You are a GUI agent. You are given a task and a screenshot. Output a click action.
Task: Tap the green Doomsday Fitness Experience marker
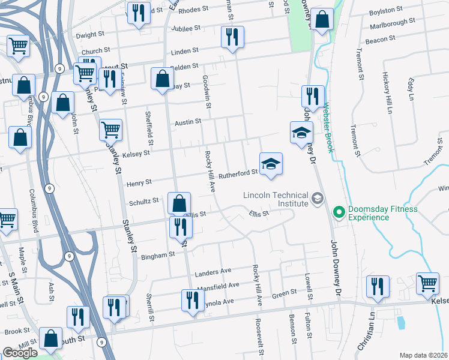point(339,212)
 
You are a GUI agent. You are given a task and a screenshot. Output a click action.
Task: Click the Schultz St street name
point(143,201)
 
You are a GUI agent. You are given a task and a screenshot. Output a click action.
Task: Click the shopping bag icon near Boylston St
point(322,20)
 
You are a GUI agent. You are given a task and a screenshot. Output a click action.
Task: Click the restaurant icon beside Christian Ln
point(378,286)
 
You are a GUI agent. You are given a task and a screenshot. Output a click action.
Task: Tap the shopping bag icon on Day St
point(162,79)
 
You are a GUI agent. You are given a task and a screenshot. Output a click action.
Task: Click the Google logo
point(20,353)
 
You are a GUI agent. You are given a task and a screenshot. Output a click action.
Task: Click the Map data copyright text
point(424,355)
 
